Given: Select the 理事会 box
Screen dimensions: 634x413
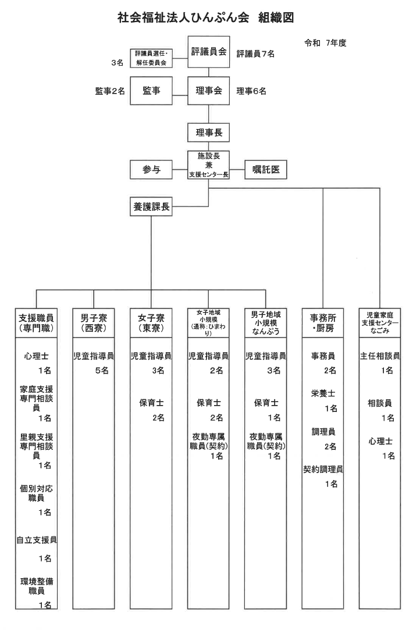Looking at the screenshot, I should coord(209,91).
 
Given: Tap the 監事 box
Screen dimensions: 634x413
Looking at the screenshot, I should coord(152,91).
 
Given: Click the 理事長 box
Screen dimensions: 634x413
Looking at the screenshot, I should coord(209,133).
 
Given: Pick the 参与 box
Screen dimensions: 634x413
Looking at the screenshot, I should coord(152,170).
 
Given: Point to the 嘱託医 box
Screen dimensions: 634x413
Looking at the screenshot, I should coord(266,170).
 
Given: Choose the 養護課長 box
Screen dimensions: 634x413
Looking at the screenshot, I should coord(152,207).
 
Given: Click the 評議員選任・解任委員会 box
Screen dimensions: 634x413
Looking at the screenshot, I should coord(152,58).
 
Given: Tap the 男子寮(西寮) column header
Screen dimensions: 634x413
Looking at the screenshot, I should coord(95,323).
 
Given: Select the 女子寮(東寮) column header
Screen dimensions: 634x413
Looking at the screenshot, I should coord(151,323).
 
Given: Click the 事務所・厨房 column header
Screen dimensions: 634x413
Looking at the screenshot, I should coord(323,323).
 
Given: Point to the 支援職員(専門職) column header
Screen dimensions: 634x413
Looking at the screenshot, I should coord(37,323).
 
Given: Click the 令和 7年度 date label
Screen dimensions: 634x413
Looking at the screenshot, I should coord(325,43).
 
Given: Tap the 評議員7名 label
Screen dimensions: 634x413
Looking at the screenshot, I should coord(255,54).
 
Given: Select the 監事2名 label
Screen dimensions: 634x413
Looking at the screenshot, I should coord(110,91).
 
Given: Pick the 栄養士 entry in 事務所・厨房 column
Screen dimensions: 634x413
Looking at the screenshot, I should coord(323,393).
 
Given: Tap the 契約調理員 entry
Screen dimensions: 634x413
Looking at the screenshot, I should coord(323,469).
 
